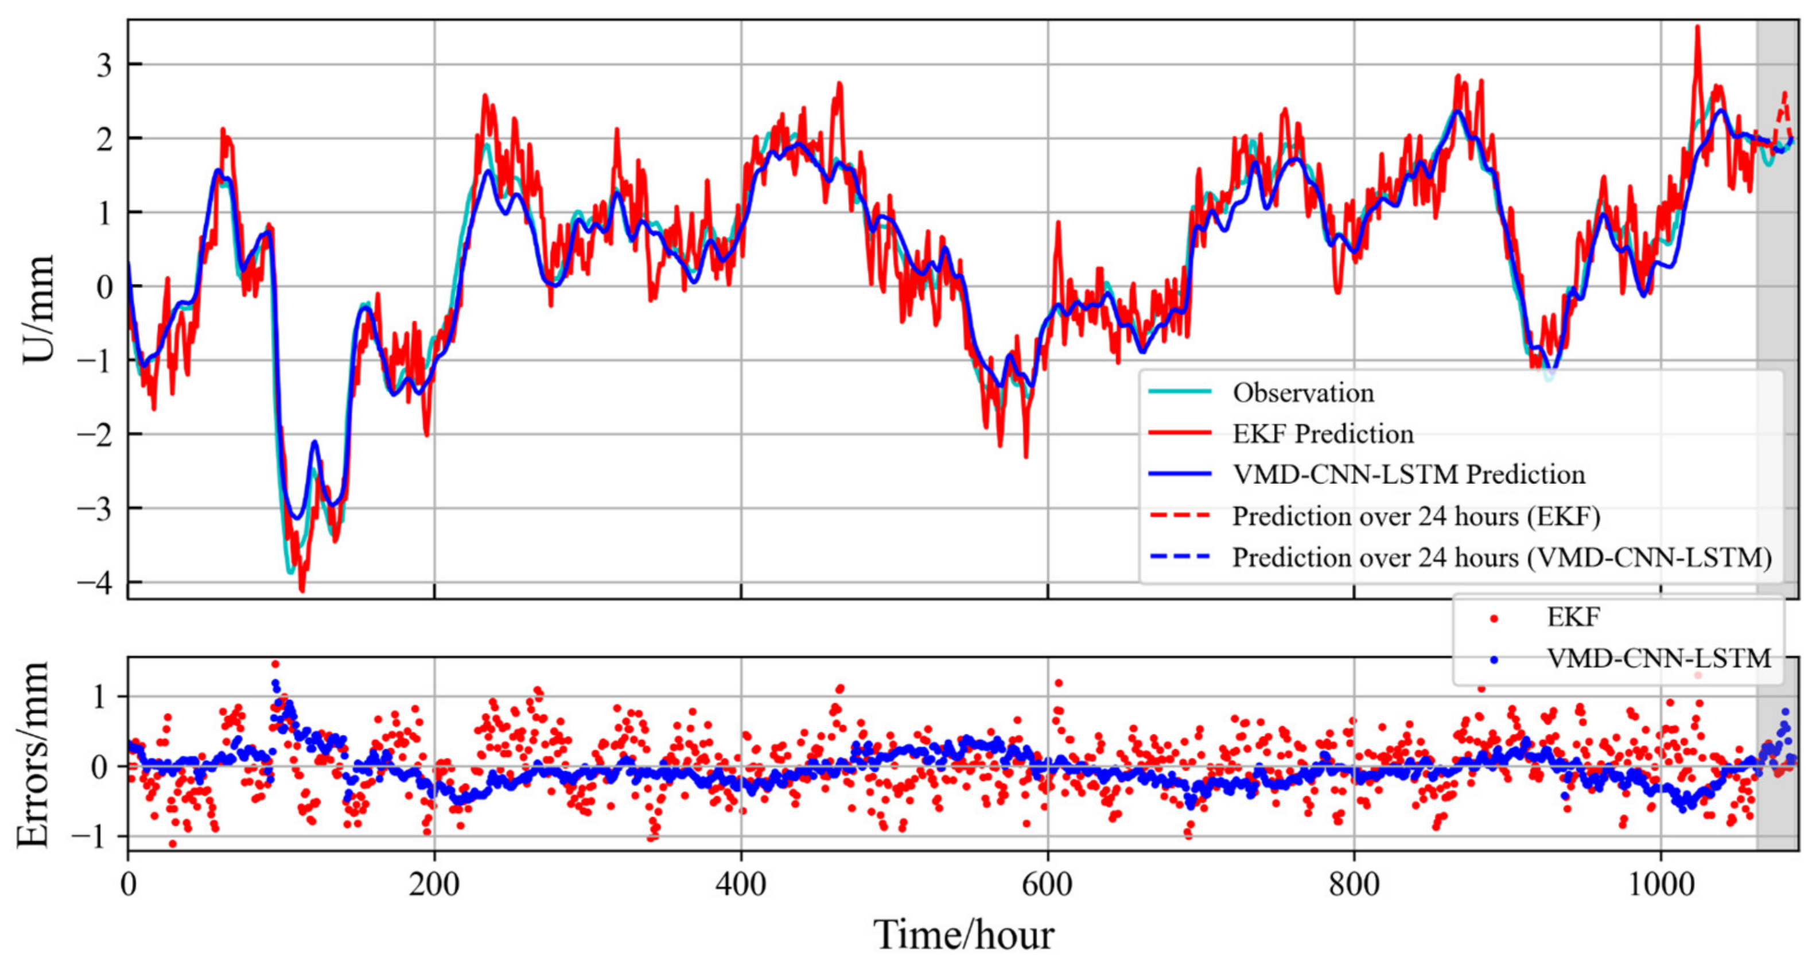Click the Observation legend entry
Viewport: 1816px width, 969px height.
[1303, 392]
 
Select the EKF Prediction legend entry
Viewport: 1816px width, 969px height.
[1323, 433]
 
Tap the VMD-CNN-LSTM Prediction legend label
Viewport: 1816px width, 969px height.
[1409, 474]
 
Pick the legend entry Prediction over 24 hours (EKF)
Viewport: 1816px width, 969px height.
[1416, 516]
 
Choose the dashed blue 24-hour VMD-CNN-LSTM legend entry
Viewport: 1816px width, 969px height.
[1502, 558]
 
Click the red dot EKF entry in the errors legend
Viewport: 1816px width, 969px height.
[1573, 617]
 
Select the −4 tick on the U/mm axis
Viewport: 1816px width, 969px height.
[95, 583]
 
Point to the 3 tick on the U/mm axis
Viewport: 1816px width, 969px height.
[104, 65]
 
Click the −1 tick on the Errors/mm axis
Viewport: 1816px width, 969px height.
[92, 837]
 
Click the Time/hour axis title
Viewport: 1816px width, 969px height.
[964, 935]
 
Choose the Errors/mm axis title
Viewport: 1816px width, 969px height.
[34, 754]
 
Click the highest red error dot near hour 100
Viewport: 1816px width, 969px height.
[275, 664]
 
